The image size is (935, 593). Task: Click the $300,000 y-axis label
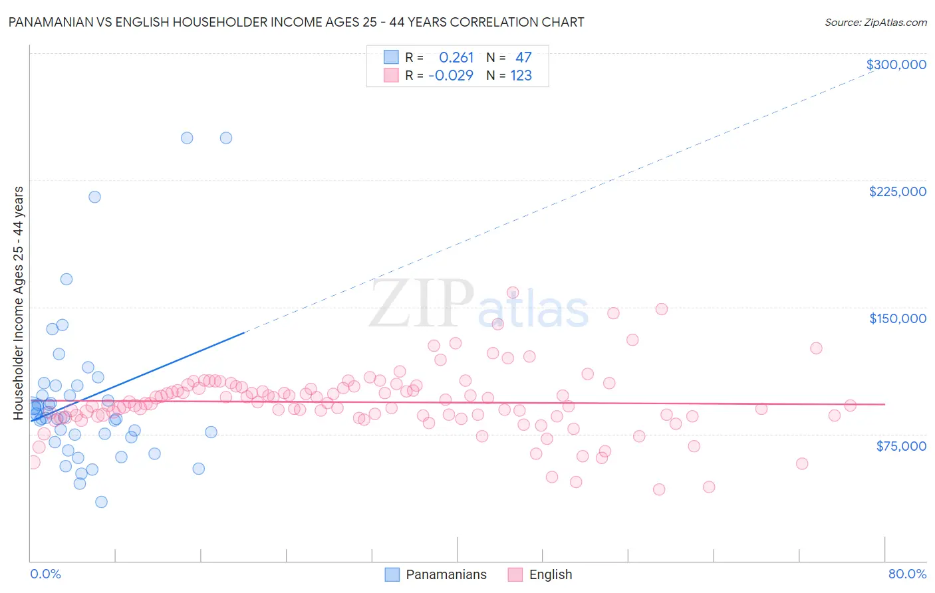pos(896,64)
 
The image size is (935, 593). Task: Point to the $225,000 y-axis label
pos(897,191)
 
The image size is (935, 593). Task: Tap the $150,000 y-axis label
pos(897,318)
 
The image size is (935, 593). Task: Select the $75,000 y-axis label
pos(900,446)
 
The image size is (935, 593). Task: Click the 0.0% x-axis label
pos(45,574)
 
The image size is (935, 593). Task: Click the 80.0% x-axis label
pos(907,574)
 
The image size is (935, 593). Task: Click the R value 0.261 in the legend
pos(456,58)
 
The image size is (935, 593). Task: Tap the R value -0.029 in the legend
pos(450,76)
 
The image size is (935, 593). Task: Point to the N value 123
pos(521,76)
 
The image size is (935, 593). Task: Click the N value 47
pos(523,58)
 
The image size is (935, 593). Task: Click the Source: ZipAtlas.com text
pos(875,23)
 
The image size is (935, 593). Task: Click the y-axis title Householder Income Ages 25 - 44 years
pos(19,303)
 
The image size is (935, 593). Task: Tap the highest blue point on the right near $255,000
pos(226,138)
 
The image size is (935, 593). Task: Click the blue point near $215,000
pos(95,197)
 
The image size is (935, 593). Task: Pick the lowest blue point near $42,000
pos(101,502)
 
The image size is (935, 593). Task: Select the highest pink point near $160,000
pos(513,293)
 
